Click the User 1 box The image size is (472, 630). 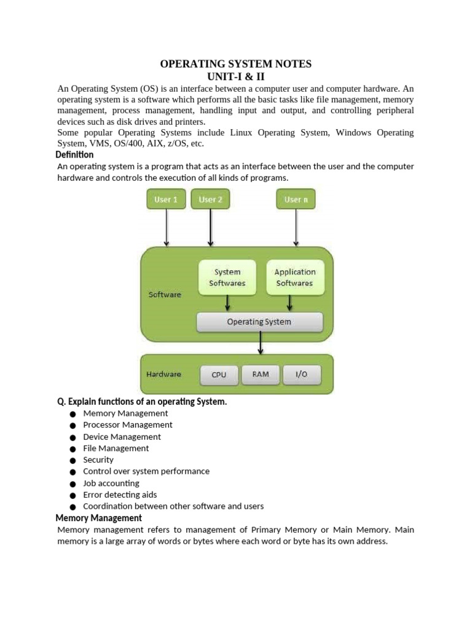point(166,199)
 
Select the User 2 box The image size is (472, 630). point(210,199)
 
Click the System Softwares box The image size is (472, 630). point(227,277)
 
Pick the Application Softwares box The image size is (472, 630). point(294,277)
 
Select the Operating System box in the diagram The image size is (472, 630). point(259,322)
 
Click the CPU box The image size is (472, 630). point(219,375)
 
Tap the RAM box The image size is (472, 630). point(261,374)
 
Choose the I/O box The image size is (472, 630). point(301,374)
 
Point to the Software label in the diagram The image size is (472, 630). point(165,295)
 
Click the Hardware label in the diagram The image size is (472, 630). point(163,374)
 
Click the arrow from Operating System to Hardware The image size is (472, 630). point(261,342)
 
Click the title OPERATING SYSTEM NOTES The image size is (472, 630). point(236,64)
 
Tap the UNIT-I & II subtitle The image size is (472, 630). point(236,77)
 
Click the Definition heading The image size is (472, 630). point(74,155)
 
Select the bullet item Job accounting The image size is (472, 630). point(111,483)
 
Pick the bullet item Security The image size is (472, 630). point(98,460)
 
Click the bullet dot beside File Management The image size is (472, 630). point(73,449)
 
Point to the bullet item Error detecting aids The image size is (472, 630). point(120,495)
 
